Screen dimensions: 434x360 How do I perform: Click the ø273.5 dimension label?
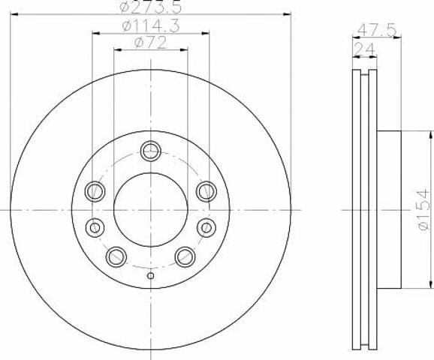click(151, 7)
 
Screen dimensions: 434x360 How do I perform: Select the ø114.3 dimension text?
click(151, 26)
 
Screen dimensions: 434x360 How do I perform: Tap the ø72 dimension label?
click(151, 43)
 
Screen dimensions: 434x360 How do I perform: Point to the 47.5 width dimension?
click(376, 30)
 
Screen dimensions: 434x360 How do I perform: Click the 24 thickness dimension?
click(364, 49)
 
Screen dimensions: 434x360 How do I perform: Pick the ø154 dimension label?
click(423, 209)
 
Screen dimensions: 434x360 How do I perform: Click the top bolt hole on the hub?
click(151, 151)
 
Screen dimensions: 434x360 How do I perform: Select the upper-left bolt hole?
click(95, 191)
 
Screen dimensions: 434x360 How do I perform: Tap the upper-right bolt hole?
click(206, 191)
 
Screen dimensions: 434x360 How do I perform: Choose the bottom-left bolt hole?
click(116, 256)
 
